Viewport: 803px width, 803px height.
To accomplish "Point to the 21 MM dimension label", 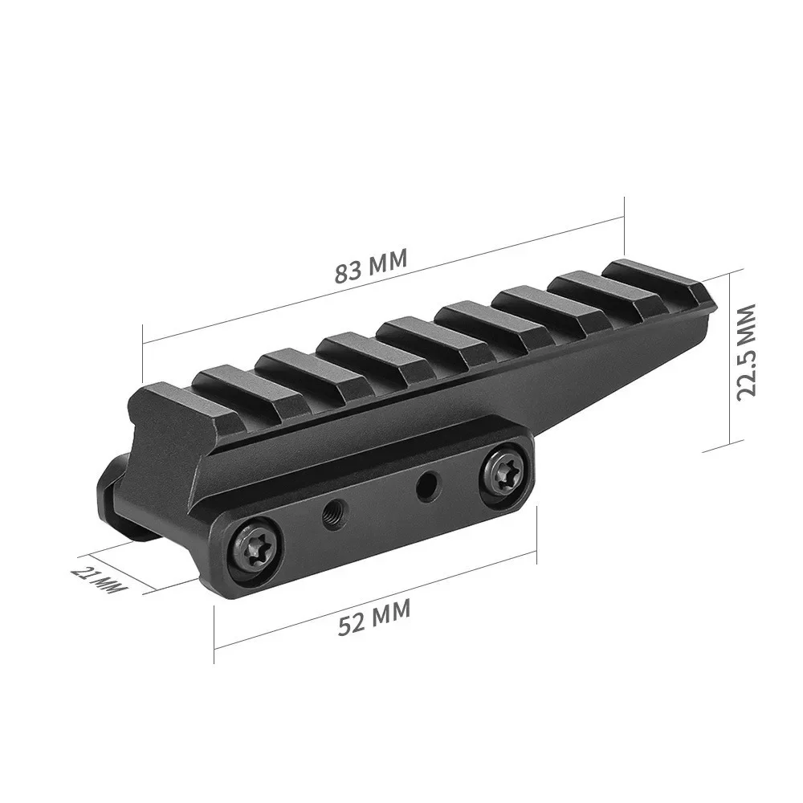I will click(x=100, y=580).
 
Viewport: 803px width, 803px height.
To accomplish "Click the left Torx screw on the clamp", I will click(x=255, y=549).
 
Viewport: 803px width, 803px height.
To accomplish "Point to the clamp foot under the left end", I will click(x=116, y=502).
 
